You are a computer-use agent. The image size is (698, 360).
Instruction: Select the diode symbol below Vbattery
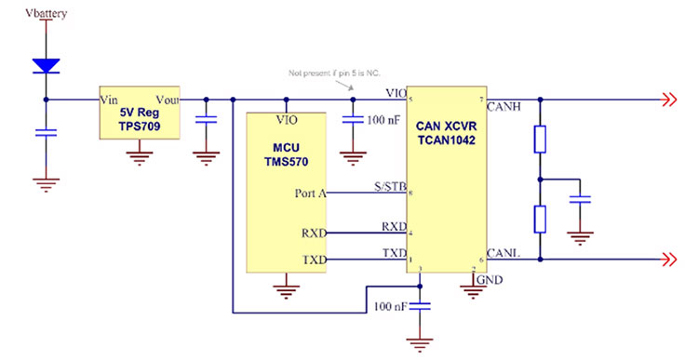[46, 66]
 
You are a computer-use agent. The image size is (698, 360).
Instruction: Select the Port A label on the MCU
[310, 193]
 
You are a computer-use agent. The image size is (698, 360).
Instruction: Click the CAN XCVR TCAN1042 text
[444, 131]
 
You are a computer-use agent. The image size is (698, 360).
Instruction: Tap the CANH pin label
[503, 107]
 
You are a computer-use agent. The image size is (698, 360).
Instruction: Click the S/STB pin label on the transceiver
[390, 187]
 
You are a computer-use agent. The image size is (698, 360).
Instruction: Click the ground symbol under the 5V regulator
[140, 153]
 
